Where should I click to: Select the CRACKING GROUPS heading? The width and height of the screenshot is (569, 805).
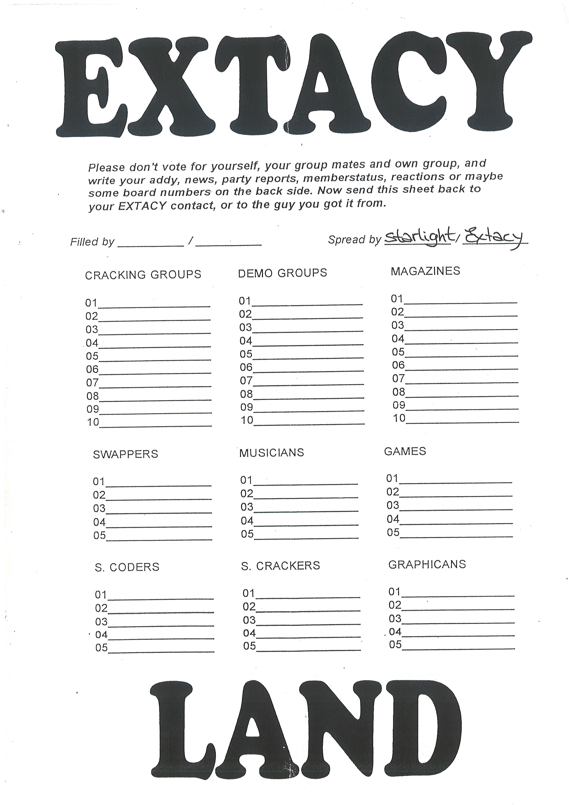(x=143, y=275)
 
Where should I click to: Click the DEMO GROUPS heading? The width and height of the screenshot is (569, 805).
(x=282, y=273)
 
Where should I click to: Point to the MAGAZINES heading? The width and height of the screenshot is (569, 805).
(x=425, y=271)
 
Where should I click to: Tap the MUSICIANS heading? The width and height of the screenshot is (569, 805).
(x=271, y=453)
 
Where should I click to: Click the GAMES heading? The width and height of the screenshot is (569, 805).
(x=405, y=451)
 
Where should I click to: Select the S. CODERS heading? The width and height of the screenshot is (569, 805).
(x=127, y=567)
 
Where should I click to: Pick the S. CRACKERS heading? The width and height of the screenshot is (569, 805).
(x=280, y=566)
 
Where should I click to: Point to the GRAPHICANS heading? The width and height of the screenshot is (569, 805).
(x=427, y=564)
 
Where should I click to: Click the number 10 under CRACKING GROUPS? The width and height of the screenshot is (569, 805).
(x=93, y=422)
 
